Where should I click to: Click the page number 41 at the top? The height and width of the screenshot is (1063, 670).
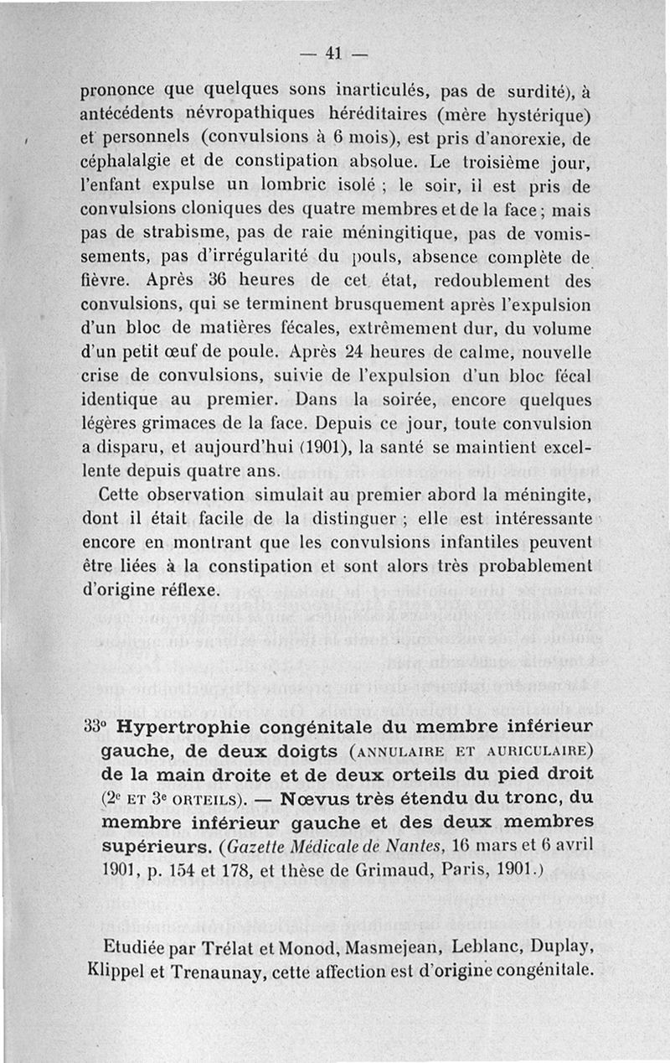(334, 53)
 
